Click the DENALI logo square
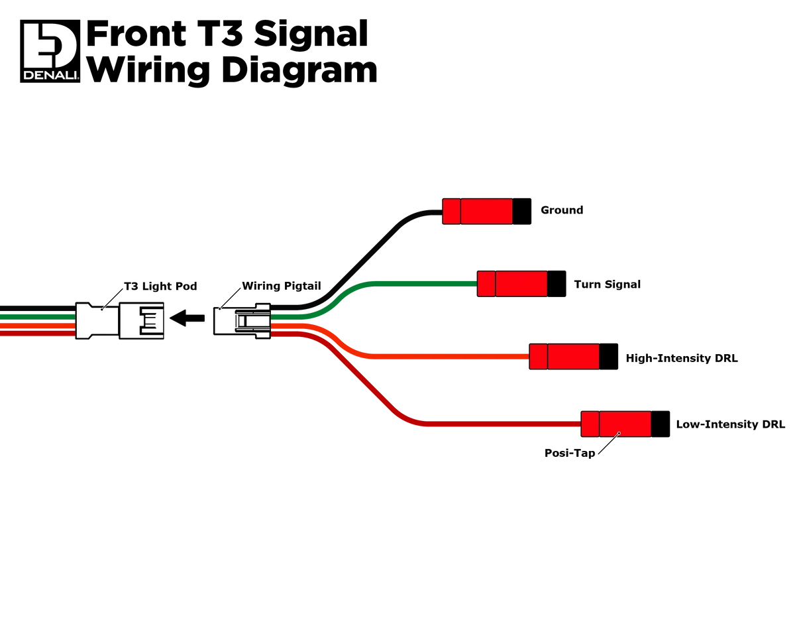coord(50,51)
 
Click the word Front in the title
coord(136,34)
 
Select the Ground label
coord(562,210)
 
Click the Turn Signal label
coord(607,284)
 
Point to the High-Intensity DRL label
coord(682,358)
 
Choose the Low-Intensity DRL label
coord(730,424)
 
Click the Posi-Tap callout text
coord(570,453)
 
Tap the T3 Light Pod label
coord(160,286)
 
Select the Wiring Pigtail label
coord(282,286)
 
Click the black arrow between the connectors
coord(187,318)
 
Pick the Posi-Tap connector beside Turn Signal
coord(521,284)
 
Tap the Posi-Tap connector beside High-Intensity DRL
coord(573,357)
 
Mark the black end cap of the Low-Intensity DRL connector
coord(661,424)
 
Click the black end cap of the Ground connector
coord(521,212)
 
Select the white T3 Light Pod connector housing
coord(120,321)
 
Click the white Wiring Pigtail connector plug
coord(242,321)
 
